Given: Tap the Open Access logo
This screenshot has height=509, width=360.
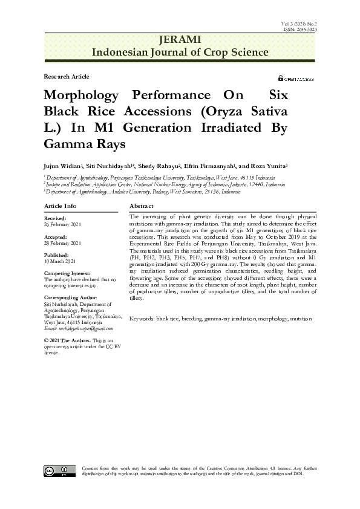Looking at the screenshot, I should point(296,79).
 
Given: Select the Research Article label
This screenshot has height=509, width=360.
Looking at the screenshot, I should point(67,77).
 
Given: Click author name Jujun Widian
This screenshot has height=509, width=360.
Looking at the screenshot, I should point(62,165).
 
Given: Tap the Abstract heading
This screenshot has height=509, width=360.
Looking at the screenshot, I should point(142,207).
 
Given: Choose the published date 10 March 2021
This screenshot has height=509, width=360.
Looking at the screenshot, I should point(60,261).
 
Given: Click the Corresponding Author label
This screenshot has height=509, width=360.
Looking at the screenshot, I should point(71,298).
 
